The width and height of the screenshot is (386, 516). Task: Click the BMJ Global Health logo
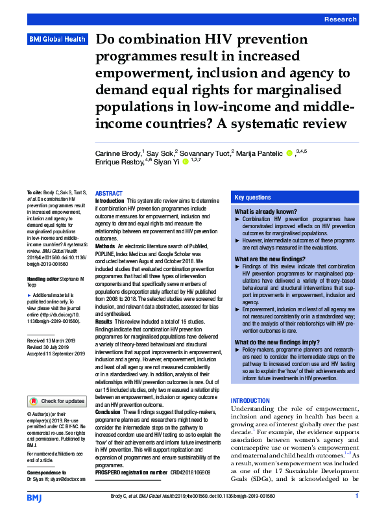tap(57, 40)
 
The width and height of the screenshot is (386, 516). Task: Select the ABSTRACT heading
tap(108, 194)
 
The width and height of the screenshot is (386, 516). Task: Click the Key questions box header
tap(254, 197)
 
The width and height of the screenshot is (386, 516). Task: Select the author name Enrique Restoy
tap(117, 163)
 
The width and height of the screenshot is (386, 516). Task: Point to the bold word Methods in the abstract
tap(105, 247)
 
